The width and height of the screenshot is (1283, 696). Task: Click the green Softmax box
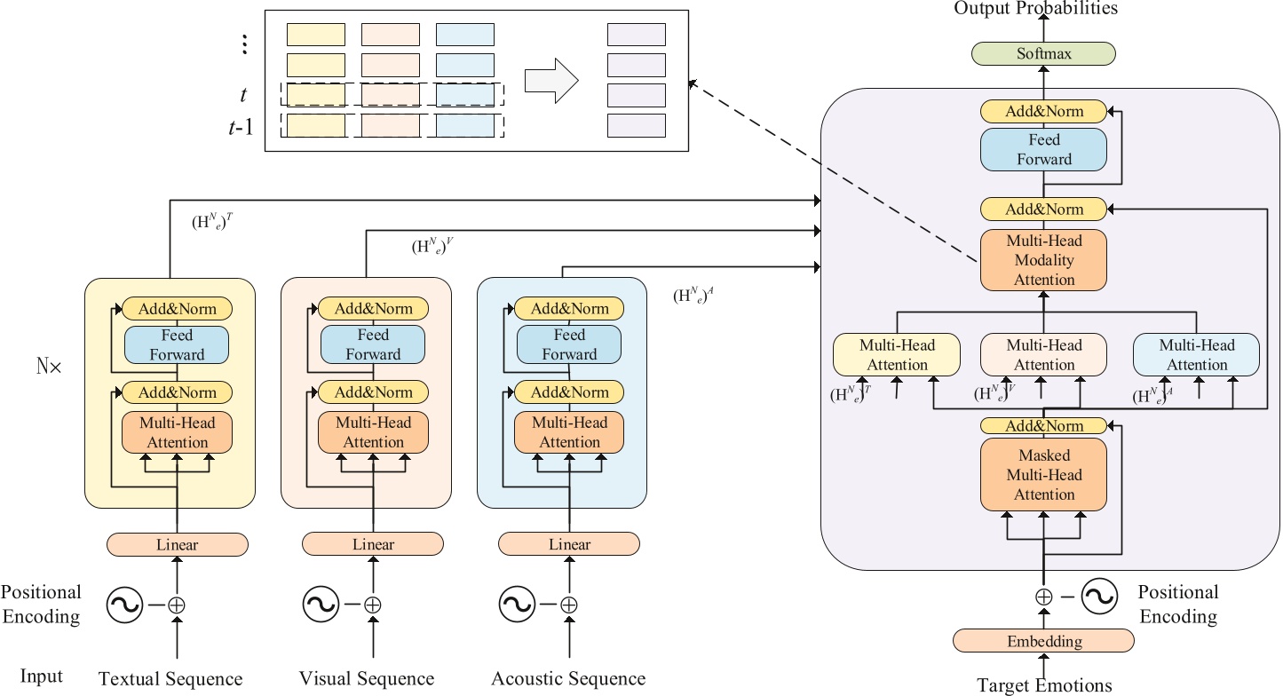tap(1043, 54)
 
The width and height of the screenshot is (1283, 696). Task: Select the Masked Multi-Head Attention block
tap(1043, 474)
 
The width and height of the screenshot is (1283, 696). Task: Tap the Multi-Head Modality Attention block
tap(1043, 260)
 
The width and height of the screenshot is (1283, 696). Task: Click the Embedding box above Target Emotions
tap(1043, 641)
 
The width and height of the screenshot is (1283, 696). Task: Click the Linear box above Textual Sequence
tap(177, 543)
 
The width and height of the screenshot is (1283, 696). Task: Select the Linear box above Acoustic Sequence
tap(569, 543)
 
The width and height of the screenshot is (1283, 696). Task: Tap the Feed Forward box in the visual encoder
tap(373, 345)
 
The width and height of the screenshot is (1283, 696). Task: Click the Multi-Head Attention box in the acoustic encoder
tap(569, 432)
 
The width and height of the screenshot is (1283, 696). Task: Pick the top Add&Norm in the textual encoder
tap(177, 309)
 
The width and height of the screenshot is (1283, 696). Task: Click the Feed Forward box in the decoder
tap(1043, 150)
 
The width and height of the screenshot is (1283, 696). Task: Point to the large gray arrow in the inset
tap(551, 81)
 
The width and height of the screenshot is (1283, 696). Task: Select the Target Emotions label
tap(1043, 685)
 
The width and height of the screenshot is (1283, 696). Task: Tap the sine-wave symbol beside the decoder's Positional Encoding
tap(1098, 596)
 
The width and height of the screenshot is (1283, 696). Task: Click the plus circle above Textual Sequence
tap(177, 605)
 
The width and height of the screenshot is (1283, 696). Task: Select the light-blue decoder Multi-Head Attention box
tap(1196, 354)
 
